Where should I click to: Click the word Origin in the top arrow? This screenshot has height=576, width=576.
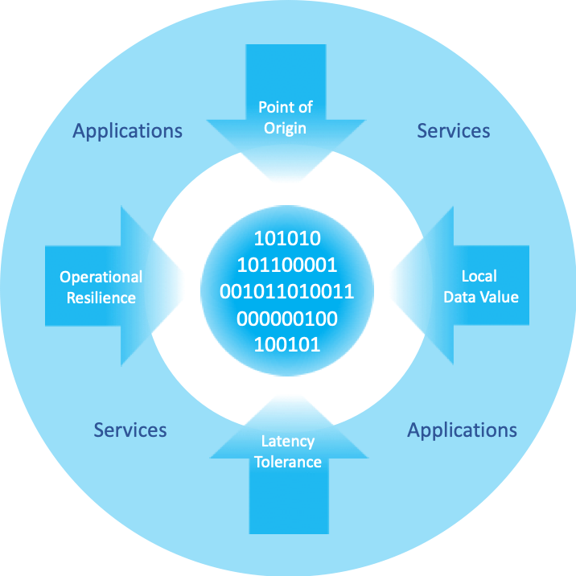coord(286,128)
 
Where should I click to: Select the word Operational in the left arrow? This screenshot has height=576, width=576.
coord(101,278)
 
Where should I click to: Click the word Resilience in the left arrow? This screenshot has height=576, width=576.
coord(101,298)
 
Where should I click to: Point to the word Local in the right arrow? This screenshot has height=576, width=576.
coord(478,276)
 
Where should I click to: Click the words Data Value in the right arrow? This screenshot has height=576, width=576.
coord(481,297)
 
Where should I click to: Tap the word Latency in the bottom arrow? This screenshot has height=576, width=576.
coord(288,442)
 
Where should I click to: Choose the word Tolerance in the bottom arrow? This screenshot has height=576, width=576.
coord(288,462)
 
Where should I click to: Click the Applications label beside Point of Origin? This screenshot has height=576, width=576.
coord(128,130)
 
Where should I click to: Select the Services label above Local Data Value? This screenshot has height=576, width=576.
coord(454,130)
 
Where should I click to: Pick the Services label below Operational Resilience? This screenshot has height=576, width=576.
coord(130,430)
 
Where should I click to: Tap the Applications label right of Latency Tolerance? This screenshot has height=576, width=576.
coord(463,430)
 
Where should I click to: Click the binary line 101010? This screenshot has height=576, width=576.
coord(287,239)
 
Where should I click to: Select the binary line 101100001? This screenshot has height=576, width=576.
coord(287,265)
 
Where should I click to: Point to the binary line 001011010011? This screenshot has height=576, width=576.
coord(287,292)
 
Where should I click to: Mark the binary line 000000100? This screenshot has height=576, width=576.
coord(287,319)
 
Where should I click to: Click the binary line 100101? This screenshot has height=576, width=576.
coord(287,345)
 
